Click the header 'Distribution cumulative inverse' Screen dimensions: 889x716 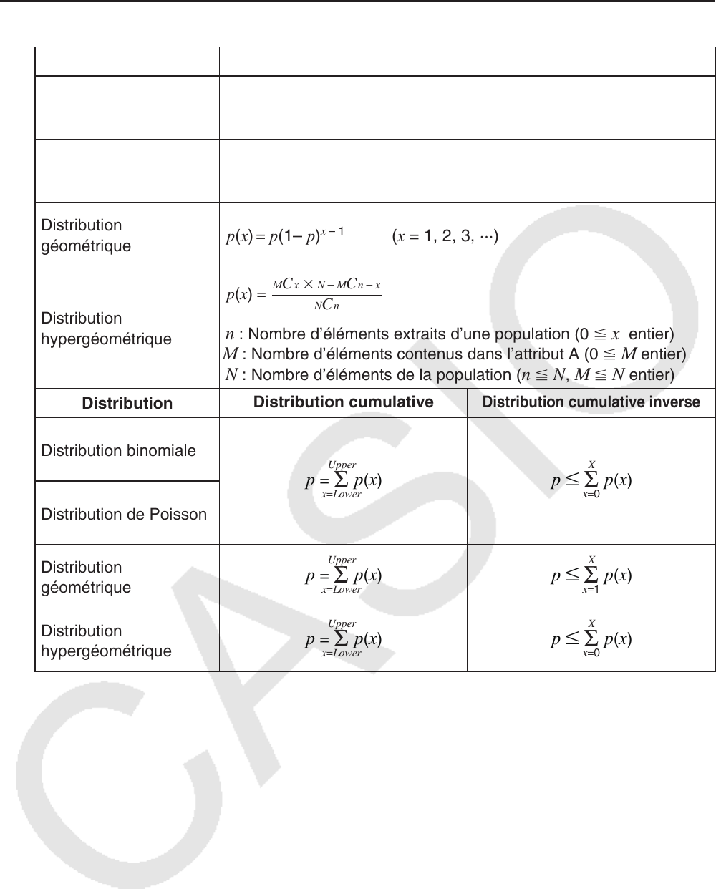(x=591, y=402)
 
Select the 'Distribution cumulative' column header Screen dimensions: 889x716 (x=343, y=402)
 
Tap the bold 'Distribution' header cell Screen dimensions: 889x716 (x=127, y=404)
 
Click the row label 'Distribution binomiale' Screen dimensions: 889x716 (x=119, y=451)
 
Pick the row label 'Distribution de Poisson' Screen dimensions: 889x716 (x=124, y=514)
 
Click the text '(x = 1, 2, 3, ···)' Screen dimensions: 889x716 (x=445, y=236)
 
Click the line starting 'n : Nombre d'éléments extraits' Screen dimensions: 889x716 (x=449, y=334)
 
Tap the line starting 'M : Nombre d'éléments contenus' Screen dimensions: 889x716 (x=455, y=354)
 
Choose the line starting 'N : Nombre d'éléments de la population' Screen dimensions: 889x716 (x=449, y=374)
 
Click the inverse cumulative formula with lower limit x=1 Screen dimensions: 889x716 (x=591, y=575)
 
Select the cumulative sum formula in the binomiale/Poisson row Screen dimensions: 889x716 (x=343, y=480)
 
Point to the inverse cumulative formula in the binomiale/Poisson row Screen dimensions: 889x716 (x=591, y=480)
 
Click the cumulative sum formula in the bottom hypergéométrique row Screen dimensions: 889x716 (x=343, y=639)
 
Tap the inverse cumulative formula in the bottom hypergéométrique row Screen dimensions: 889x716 (x=591, y=639)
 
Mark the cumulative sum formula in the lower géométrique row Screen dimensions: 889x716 (x=343, y=575)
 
